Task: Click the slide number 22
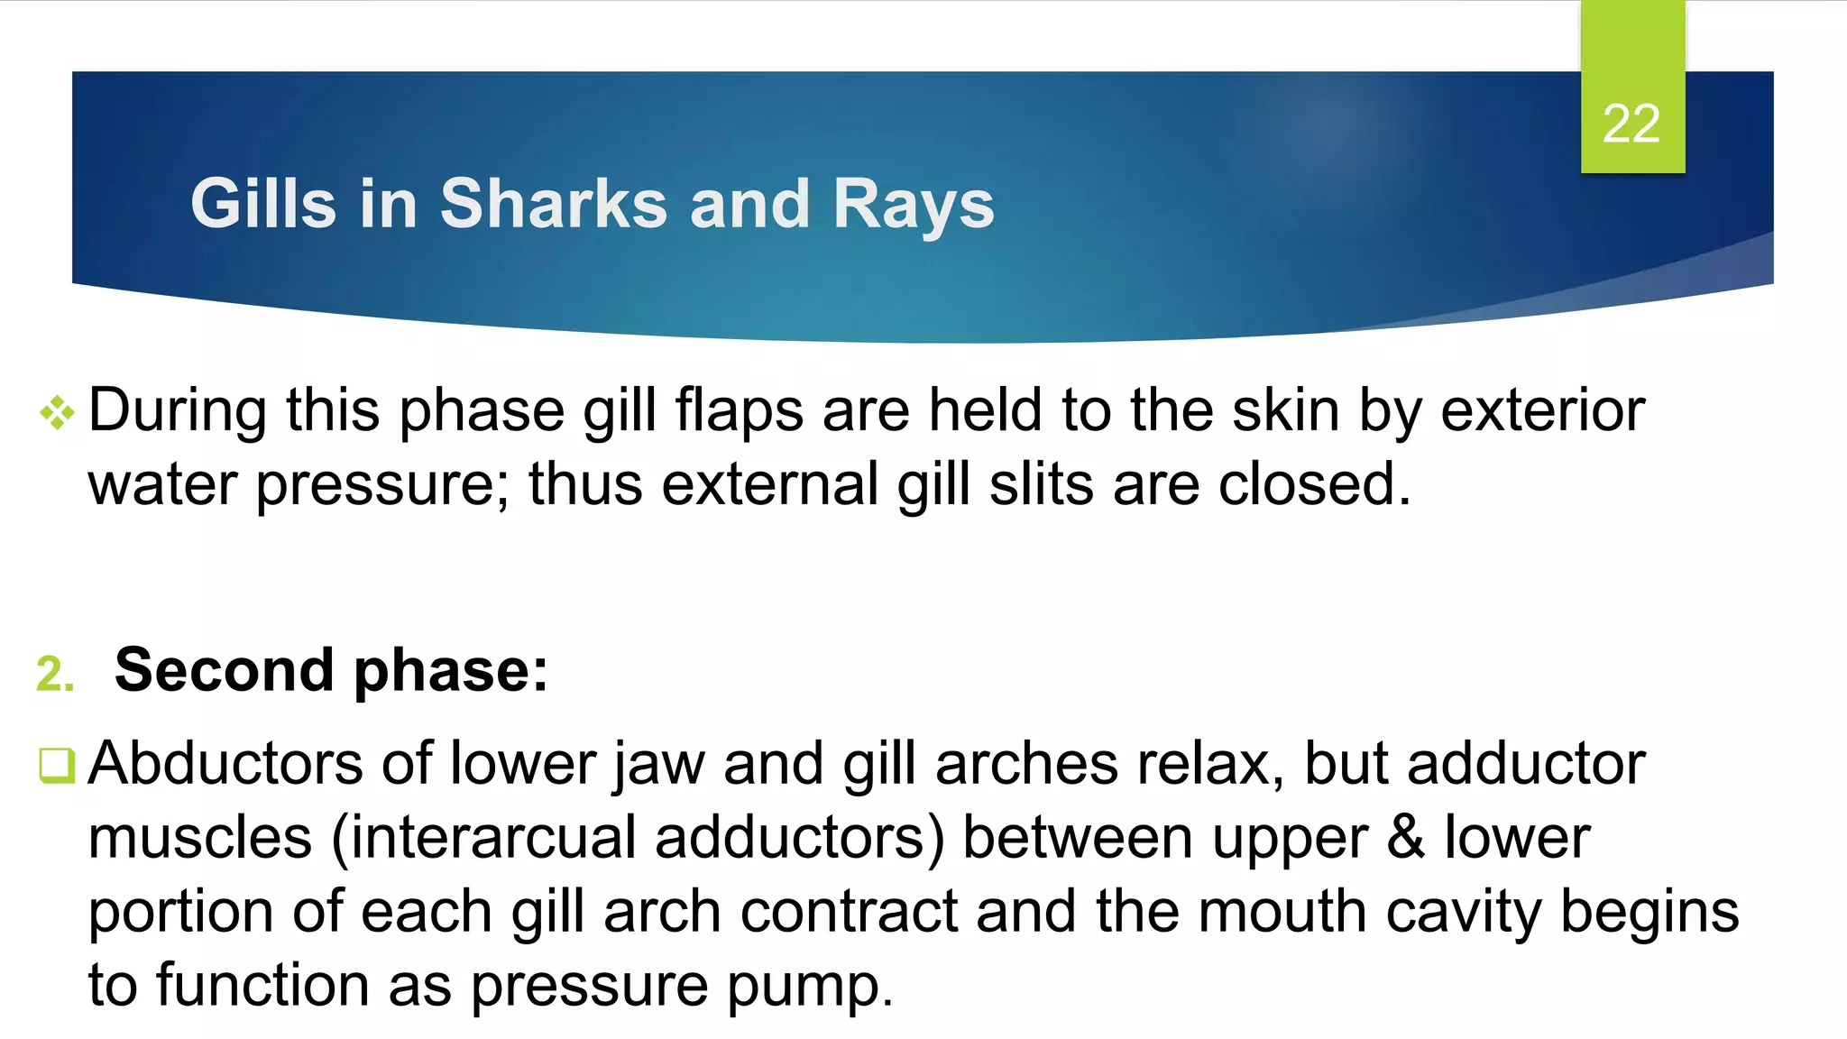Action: [1631, 124]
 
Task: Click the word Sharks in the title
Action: [553, 204]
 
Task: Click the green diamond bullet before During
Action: [57, 413]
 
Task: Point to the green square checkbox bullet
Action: [57, 765]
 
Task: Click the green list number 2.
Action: [54, 674]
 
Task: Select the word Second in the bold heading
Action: [225, 670]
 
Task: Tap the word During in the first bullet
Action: [178, 410]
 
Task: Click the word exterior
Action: [1542, 410]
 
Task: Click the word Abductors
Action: [225, 764]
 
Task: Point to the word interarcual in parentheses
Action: [492, 838]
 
